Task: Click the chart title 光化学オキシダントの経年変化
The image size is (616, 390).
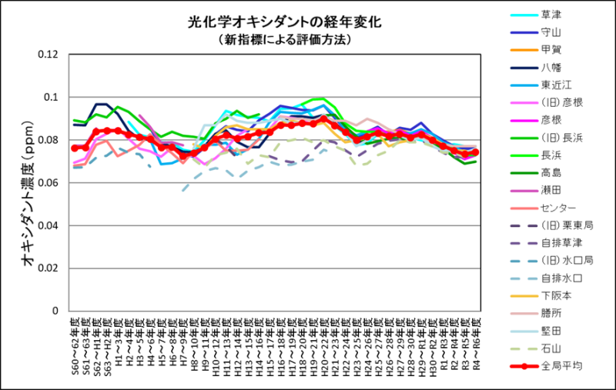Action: [x=284, y=23]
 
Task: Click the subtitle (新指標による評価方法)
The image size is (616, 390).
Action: [x=284, y=38]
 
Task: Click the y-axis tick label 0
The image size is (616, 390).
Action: [x=55, y=311]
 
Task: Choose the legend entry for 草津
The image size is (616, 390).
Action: [x=551, y=15]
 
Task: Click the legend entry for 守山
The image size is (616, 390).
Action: [x=551, y=32]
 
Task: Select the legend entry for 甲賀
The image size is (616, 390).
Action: [x=551, y=50]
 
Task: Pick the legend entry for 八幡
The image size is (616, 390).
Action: [x=551, y=67]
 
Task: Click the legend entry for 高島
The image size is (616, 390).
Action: [x=551, y=172]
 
